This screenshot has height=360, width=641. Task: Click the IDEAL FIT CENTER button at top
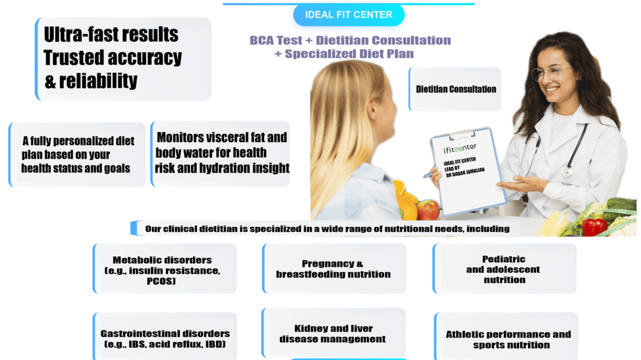click(x=349, y=15)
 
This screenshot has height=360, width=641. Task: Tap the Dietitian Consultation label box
click(x=455, y=89)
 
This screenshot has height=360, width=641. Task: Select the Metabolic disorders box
click(x=165, y=269)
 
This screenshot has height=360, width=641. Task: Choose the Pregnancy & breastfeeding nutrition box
click(x=334, y=269)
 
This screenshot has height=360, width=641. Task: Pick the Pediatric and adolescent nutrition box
click(x=504, y=269)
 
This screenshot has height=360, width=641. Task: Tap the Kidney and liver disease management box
click(x=334, y=333)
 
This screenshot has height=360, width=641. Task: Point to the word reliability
click(x=98, y=81)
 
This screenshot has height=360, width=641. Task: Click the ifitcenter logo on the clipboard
click(x=459, y=148)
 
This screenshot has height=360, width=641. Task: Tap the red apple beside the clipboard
click(x=427, y=209)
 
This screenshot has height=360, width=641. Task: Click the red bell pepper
click(x=595, y=227)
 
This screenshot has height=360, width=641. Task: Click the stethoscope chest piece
click(x=566, y=171)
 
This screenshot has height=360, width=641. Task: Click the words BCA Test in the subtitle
click(x=276, y=40)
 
